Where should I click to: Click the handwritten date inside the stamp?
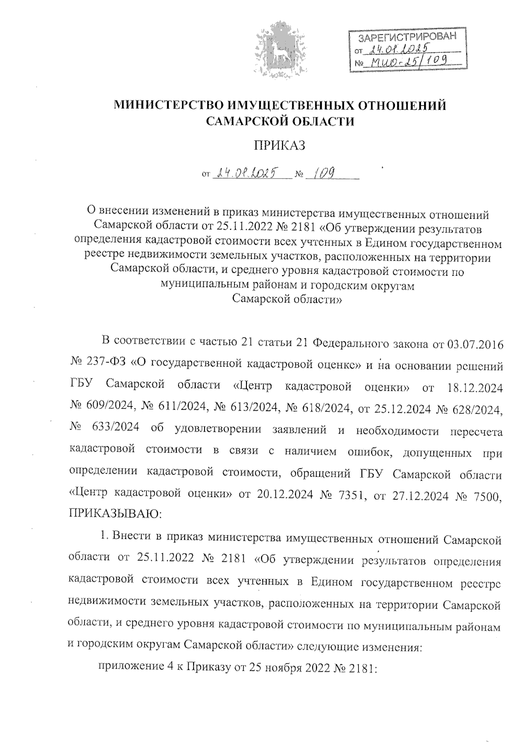coord(400,50)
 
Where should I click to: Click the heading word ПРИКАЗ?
coord(280,146)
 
